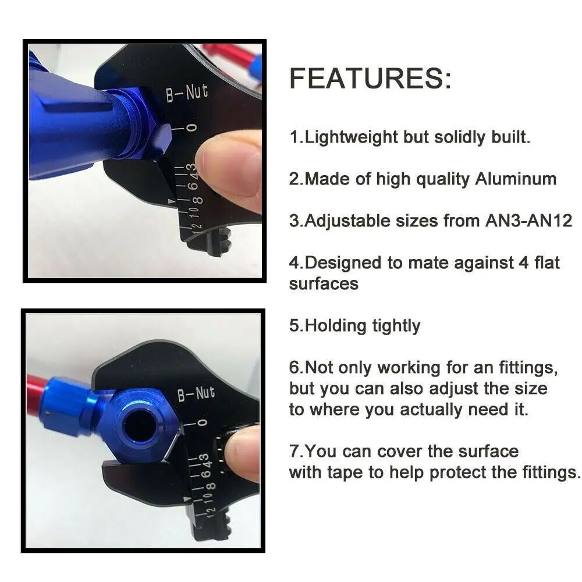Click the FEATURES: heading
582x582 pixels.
[370, 79]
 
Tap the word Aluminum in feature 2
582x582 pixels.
[516, 179]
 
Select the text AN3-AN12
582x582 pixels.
[529, 221]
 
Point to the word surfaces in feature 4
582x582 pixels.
[324, 284]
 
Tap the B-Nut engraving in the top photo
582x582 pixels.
[187, 93]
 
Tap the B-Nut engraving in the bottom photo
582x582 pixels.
[196, 393]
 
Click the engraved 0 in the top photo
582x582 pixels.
[191, 127]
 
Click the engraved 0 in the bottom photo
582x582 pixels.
[203, 423]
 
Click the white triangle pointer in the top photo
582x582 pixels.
[172, 201]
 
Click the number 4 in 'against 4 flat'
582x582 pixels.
[523, 263]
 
